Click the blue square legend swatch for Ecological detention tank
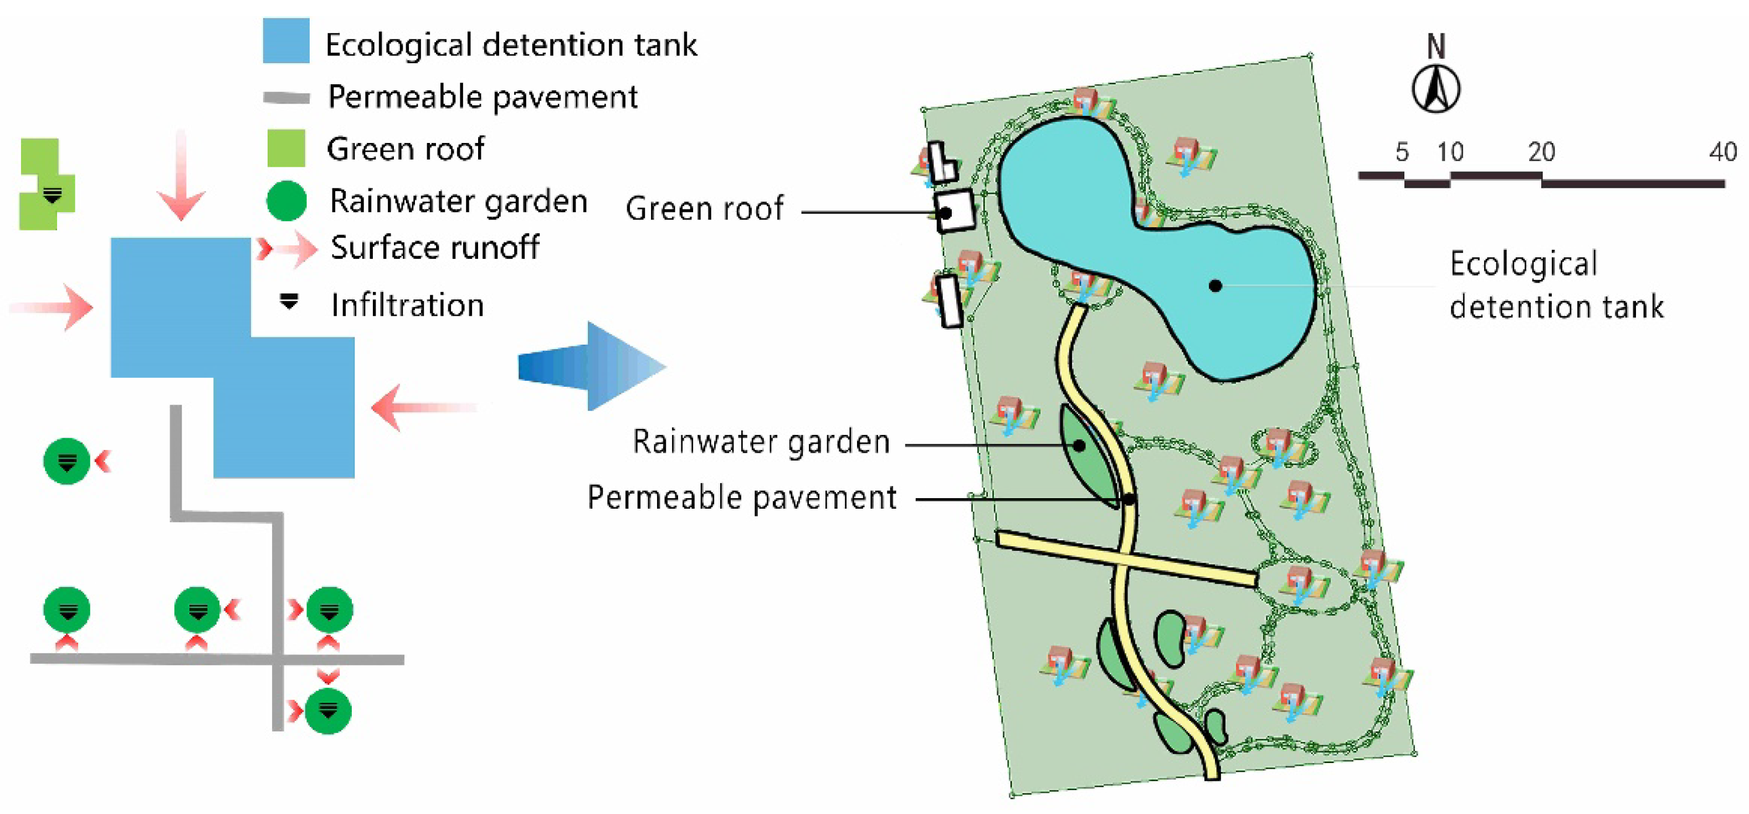click(286, 41)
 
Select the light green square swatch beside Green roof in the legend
click(286, 148)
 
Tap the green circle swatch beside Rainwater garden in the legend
click(286, 201)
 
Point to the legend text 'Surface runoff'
click(434, 247)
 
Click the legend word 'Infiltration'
click(407, 305)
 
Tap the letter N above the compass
click(1435, 46)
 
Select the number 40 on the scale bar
click(1722, 151)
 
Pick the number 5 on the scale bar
click(1402, 151)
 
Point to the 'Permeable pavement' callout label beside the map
click(741, 497)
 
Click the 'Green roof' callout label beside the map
click(704, 208)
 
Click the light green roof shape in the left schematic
click(46, 183)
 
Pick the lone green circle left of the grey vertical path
click(66, 461)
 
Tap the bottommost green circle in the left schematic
click(328, 710)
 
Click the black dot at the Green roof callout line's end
click(945, 212)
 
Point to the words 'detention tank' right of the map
click(1556, 306)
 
